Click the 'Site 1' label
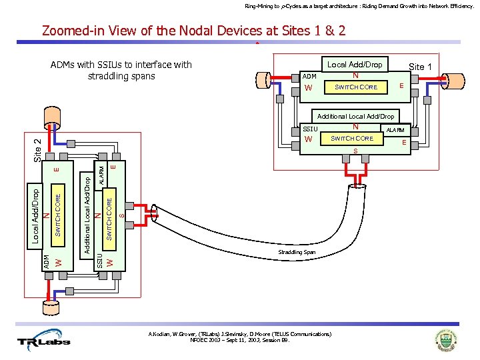420,67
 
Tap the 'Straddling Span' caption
297,253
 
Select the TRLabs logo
49,338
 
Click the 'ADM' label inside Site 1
309,77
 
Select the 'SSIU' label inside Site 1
311,128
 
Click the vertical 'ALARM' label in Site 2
102,175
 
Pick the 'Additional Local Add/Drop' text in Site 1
355,116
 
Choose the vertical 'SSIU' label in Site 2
100,260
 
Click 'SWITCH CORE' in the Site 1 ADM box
355,87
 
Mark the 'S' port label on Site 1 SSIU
355,151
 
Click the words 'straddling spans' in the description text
121,76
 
